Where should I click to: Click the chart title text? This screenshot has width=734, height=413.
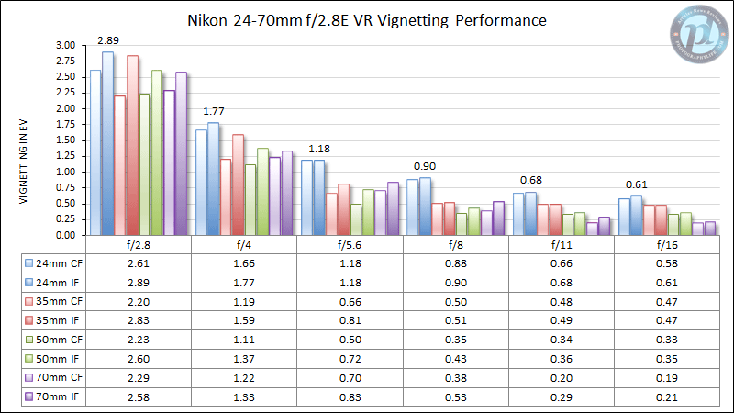(367, 19)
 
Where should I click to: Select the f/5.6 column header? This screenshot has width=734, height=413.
(350, 246)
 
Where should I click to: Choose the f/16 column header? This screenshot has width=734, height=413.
(667, 246)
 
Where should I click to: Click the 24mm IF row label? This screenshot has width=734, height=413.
(51, 281)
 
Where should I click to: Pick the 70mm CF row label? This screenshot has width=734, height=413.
(51, 380)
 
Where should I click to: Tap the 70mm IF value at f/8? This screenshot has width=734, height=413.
(455, 396)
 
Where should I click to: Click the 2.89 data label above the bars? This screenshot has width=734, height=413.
(108, 40)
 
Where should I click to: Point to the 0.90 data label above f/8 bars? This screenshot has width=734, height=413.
(425, 166)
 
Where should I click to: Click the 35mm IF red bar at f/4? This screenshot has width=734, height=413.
(238, 184)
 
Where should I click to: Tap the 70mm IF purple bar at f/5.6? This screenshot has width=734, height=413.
(393, 208)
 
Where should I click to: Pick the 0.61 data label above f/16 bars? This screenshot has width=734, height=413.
(637, 184)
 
